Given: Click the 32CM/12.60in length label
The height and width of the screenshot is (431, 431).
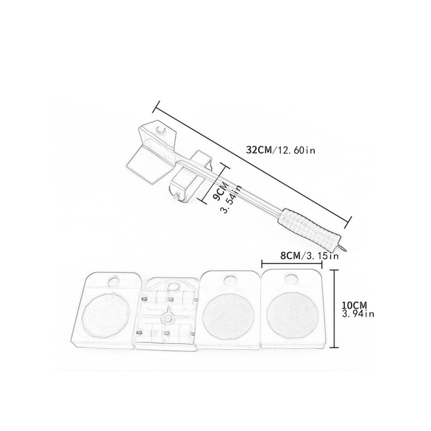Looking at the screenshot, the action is [281, 150].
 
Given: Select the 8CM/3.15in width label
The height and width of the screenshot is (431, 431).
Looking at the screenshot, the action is [309, 256].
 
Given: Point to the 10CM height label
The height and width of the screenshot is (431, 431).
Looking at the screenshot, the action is [355, 306].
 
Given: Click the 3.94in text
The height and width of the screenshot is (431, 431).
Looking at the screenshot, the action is [358, 314].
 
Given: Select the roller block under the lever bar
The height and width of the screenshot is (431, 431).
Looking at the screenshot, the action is [189, 179].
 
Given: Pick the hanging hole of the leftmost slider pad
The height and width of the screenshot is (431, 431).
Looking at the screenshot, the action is [113, 281].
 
